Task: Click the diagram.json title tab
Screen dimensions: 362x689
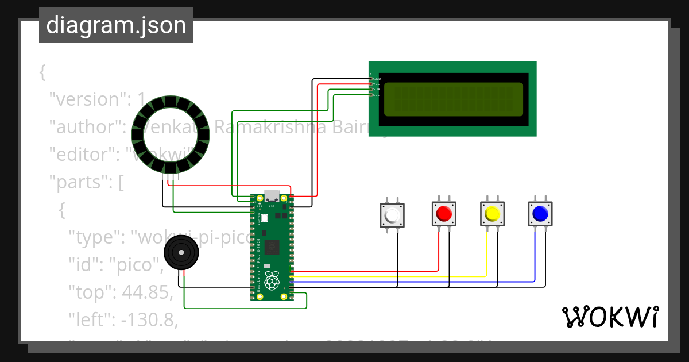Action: tap(116, 25)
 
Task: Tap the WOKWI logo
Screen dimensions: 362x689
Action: tap(610, 317)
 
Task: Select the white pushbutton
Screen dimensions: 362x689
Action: tap(393, 215)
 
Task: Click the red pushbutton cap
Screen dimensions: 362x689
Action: tap(444, 214)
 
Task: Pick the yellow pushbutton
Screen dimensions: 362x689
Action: tap(492, 214)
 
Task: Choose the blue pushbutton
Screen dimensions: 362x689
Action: tap(540, 214)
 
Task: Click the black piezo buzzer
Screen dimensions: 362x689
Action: tap(181, 252)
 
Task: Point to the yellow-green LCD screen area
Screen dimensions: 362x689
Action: tap(453, 99)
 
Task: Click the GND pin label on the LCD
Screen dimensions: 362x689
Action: tap(377, 78)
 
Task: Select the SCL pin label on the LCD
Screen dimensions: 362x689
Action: tap(376, 95)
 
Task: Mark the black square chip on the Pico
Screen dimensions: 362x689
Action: tap(272, 248)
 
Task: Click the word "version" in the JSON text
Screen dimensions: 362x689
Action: tap(87, 99)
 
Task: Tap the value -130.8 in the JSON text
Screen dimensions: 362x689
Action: tap(149, 319)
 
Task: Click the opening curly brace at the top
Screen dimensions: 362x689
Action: tap(42, 72)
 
